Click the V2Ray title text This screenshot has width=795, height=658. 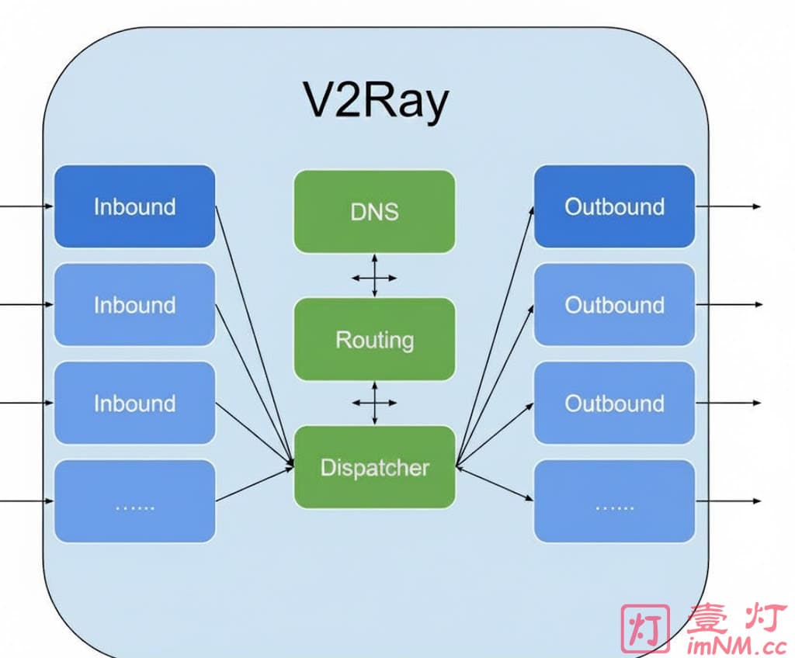375,101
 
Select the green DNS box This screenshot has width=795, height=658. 374,211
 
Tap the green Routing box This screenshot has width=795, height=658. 374,339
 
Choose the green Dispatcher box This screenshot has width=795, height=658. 374,467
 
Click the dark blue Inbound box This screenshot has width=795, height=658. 134,206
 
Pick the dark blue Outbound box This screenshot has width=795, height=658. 614,206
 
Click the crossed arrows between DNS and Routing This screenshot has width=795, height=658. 374,275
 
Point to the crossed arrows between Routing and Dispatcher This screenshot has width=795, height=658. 374,403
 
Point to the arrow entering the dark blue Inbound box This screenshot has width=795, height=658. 27,206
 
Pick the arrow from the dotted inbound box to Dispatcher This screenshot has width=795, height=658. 255,483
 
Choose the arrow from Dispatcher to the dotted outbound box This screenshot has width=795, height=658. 495,483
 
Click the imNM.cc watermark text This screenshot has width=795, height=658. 737,644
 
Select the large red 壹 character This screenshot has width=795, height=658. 707,618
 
